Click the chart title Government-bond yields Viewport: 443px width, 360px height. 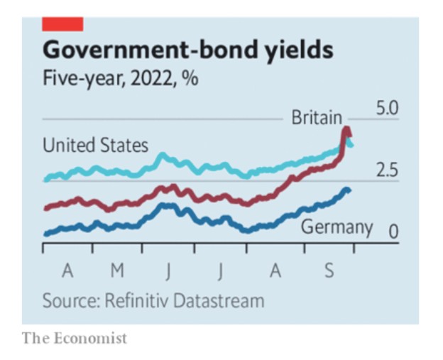(187, 50)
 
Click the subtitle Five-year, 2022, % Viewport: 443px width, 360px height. (120, 78)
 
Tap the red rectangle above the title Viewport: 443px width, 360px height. (63, 24)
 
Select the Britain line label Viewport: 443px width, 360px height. (317, 117)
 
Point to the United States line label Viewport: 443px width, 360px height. (95, 146)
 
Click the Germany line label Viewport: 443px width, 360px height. (337, 228)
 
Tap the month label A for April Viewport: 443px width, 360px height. (68, 271)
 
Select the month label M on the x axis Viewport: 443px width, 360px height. (118, 271)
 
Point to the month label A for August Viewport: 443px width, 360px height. (275, 271)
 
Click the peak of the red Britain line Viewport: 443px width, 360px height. (346, 130)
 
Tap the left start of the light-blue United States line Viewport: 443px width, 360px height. (45, 180)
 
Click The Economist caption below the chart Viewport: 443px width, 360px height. (75, 337)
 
